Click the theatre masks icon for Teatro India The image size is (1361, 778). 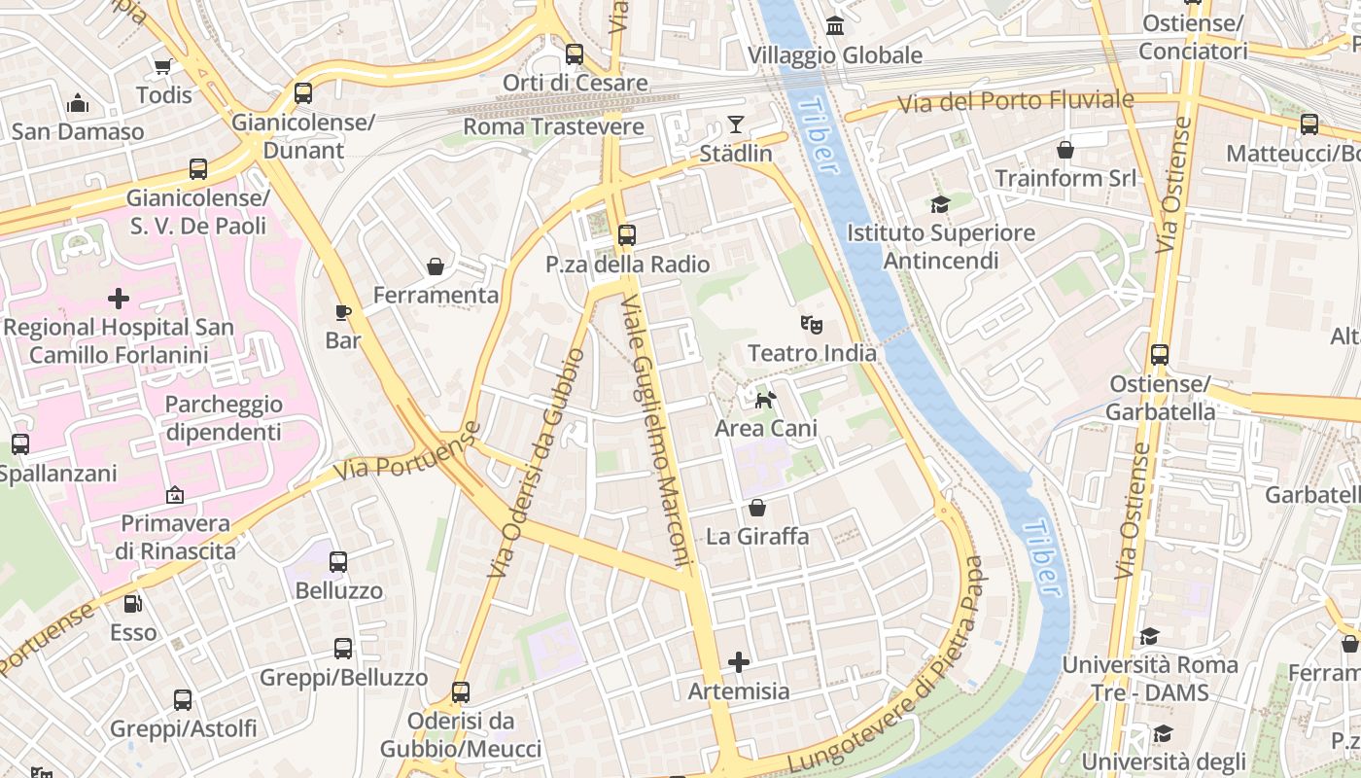pyautogui.click(x=811, y=323)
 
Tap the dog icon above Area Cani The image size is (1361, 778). pyautogui.click(x=766, y=399)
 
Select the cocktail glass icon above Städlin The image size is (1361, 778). pyautogui.click(x=735, y=124)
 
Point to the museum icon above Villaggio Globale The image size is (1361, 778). pyautogui.click(x=834, y=25)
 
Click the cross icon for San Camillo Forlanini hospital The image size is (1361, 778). pyautogui.click(x=119, y=298)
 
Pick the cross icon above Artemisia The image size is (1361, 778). pyautogui.click(x=739, y=662)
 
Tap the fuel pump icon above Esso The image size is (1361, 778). pyautogui.click(x=132, y=603)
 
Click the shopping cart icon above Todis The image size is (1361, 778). pyautogui.click(x=163, y=66)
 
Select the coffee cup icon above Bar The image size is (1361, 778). pyautogui.click(x=342, y=311)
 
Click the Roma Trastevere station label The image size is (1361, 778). pyautogui.click(x=553, y=126)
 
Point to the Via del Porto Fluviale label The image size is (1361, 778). pyautogui.click(x=1015, y=101)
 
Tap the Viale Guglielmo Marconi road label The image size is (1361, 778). pyautogui.click(x=655, y=431)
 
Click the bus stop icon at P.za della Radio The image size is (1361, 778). pyautogui.click(x=627, y=234)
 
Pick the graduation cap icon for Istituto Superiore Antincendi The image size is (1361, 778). pyautogui.click(x=939, y=204)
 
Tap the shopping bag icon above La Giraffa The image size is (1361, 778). pyautogui.click(x=757, y=508)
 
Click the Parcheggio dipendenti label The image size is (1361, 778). pyautogui.click(x=224, y=418)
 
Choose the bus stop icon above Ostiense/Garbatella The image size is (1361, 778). pyautogui.click(x=1159, y=355)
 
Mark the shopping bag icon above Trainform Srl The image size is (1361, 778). pyautogui.click(x=1065, y=150)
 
